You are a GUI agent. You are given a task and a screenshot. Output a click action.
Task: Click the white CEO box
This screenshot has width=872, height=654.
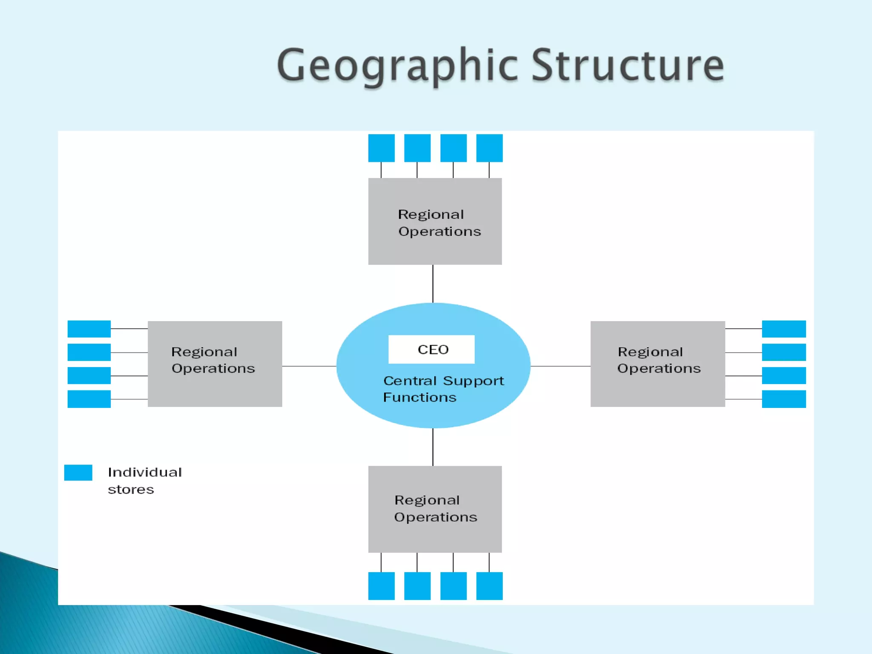tap(431, 349)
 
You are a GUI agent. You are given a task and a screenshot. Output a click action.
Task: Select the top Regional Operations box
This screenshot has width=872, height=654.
tap(435, 221)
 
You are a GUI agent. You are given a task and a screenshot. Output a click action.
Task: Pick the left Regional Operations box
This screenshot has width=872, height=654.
tap(215, 364)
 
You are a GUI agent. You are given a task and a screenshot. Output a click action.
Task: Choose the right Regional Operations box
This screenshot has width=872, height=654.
tap(657, 364)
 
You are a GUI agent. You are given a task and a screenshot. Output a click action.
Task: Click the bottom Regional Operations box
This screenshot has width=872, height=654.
tap(435, 509)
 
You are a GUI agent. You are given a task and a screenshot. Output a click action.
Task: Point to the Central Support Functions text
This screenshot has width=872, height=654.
tap(443, 389)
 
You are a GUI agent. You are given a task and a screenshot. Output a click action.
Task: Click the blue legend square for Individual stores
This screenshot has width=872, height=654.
tap(78, 473)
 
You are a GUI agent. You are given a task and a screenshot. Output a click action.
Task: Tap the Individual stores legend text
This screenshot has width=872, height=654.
tap(144, 480)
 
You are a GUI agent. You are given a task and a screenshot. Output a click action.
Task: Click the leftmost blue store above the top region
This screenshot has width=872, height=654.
tap(381, 148)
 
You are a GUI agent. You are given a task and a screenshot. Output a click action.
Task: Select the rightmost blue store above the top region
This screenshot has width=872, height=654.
tap(489, 148)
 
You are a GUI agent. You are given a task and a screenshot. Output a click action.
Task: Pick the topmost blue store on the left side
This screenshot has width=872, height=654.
tap(89, 329)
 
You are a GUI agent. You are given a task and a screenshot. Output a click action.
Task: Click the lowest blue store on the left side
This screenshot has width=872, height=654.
tap(89, 399)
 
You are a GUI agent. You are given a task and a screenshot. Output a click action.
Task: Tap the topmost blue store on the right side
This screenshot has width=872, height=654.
tap(783, 329)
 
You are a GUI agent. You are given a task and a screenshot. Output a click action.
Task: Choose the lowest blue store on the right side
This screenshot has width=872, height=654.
tap(783, 399)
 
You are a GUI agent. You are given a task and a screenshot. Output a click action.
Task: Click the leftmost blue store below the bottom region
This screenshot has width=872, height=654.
tap(381, 586)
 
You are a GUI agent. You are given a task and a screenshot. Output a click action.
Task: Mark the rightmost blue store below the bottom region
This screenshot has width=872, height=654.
tap(489, 586)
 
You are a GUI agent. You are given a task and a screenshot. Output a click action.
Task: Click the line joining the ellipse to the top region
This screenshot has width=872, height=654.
tap(433, 284)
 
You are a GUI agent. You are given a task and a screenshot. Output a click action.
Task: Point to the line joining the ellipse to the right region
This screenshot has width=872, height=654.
tap(560, 366)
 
